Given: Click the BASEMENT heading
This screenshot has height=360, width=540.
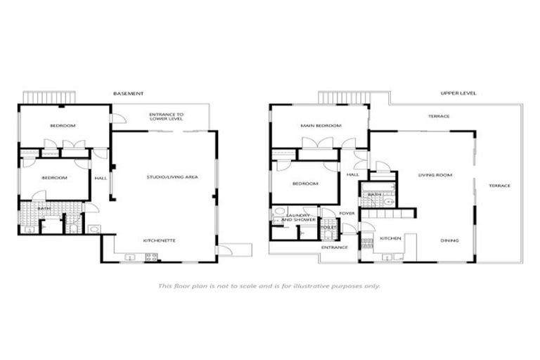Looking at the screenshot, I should coord(129,94).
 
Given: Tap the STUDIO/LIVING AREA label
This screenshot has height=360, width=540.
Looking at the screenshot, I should coord(172,177).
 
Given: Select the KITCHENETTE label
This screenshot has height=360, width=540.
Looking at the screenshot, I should coord(159,240).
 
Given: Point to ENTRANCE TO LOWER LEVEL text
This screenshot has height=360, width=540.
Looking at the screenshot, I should coord(167,116).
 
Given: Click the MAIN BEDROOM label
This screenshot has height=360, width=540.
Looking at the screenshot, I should coord(321,126).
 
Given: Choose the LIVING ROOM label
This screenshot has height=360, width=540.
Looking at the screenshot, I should coord(435,175).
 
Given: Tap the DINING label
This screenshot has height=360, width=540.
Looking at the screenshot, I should coord(449,240).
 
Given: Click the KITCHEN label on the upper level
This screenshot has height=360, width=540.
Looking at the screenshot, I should coord(390,238).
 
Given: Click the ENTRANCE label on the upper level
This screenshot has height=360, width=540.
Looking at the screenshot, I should coord(335,247).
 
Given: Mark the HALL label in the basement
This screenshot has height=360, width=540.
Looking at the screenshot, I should coord(101,178).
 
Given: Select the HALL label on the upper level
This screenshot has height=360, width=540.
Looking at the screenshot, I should coord(353,174).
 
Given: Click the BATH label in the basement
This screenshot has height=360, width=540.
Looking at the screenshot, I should coord(44,208).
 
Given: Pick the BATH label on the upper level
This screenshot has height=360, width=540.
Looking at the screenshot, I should coord(374,195).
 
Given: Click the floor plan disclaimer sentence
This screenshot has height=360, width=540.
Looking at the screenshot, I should coord(269,286).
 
